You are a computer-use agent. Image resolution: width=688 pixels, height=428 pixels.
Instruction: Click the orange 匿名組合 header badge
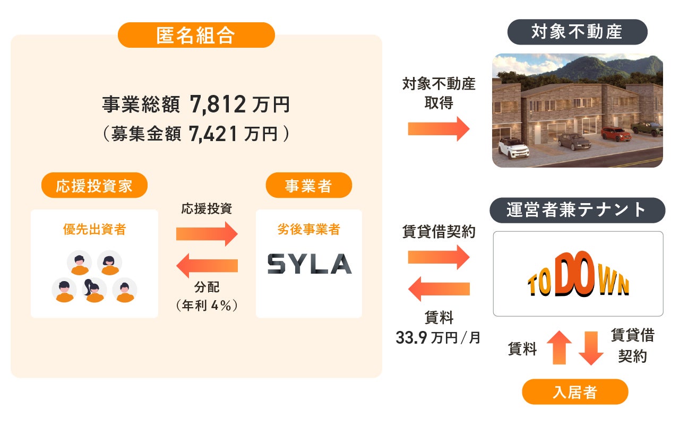(196, 36)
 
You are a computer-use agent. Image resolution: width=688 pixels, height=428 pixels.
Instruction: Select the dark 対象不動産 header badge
(577, 32)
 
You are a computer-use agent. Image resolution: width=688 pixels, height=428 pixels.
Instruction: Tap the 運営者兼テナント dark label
(577, 210)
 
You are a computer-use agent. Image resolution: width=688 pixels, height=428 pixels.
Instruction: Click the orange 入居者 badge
(575, 392)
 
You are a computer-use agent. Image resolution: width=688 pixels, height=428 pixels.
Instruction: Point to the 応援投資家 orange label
(94, 186)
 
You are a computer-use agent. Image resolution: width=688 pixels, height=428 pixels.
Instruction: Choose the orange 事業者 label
(308, 186)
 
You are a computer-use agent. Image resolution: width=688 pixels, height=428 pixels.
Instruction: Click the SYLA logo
(309, 264)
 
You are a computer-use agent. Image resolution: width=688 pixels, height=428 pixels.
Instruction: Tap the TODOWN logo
(578, 274)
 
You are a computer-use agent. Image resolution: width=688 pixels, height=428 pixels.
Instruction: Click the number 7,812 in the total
(217, 104)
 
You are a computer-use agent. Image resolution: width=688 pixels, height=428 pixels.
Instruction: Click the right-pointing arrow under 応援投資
(207, 233)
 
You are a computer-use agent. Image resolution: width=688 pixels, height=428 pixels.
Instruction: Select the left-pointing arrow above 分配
(207, 265)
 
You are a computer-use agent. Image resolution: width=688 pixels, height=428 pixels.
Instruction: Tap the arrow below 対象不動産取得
(438, 129)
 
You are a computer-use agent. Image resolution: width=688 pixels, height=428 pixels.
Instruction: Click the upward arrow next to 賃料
(558, 347)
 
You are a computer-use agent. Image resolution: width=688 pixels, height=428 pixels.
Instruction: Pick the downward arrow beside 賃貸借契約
(590, 347)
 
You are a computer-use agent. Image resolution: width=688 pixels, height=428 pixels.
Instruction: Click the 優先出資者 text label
(94, 229)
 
